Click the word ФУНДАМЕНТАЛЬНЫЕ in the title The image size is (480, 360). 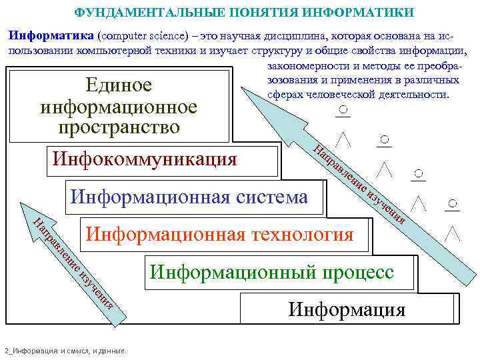pyautogui.click(x=136, y=13)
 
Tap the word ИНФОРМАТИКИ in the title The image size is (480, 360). pyautogui.click(x=367, y=13)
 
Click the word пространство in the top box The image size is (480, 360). pyautogui.click(x=119, y=127)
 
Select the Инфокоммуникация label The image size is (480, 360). pyautogui.click(x=145, y=159)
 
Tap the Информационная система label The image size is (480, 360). pyautogui.click(x=189, y=197)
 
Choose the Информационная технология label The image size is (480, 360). pyautogui.click(x=220, y=234)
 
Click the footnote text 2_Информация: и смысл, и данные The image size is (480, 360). pyautogui.click(x=67, y=351)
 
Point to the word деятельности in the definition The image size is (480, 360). pyautogui.click(x=415, y=94)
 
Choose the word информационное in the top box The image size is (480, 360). pyautogui.click(x=119, y=107)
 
